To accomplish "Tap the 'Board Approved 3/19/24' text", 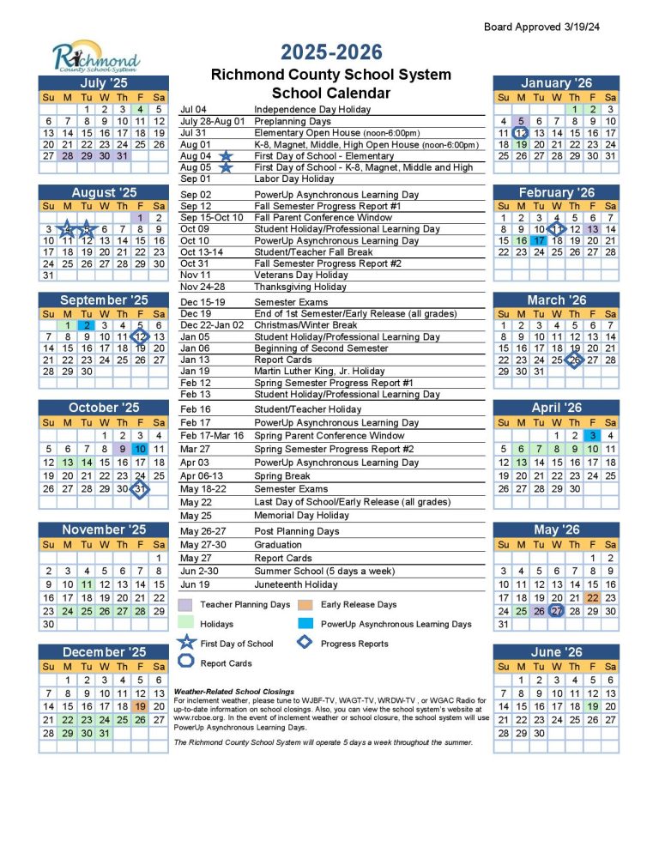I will pos(541,27).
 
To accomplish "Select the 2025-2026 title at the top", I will pos(330,51).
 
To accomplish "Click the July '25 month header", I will pos(103,83).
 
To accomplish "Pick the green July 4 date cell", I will pos(140,109).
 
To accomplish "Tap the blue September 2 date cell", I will pos(86,325).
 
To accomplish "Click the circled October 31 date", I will pos(140,488).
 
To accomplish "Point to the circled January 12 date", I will pos(521,133).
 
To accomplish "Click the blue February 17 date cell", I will pos(538,241).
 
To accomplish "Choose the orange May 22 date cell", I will pos(592,597).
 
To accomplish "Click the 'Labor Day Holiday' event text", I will pos(293,178).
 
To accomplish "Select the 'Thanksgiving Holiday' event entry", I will pos(300,287).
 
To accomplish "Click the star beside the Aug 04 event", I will pos(226,156).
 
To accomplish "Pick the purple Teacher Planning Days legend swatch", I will pos(185,604).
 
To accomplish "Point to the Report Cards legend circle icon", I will pos(185,662).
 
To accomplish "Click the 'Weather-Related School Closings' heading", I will pos(233,691).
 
